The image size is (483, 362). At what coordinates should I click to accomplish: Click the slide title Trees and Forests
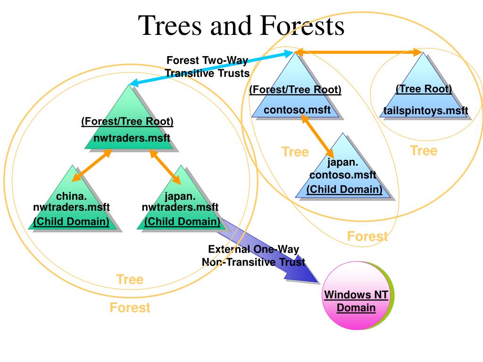[241, 26]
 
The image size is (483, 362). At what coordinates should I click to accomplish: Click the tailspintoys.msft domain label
[425, 111]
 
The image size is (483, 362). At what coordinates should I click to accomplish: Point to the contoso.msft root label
[295, 110]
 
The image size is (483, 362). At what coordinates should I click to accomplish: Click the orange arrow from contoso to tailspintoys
[358, 53]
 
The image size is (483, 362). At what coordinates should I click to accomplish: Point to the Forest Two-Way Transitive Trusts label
[207, 67]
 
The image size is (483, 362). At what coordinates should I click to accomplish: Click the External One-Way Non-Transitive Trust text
[253, 256]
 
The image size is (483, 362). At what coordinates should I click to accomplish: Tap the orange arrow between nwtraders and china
[92, 165]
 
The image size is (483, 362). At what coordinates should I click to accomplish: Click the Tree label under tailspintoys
[423, 151]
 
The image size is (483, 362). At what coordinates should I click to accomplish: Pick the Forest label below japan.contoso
[367, 236]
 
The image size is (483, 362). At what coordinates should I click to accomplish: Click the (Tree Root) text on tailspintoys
[424, 89]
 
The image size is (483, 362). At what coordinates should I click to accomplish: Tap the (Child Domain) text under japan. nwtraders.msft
[182, 221]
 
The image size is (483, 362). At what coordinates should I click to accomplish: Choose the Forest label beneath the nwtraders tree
[130, 308]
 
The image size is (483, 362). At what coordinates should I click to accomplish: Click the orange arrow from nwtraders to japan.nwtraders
[165, 167]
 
